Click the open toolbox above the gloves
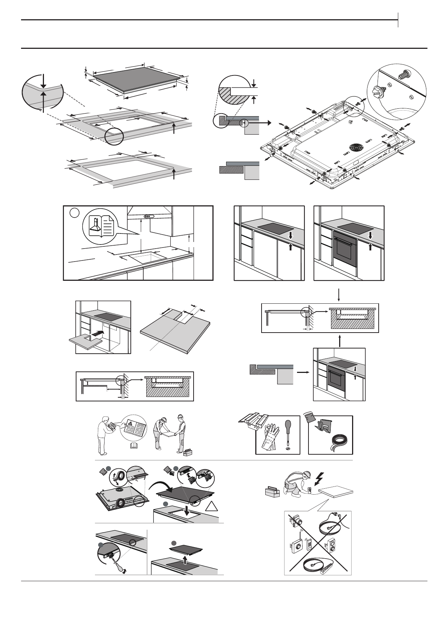[254, 421]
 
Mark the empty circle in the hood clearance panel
[75, 213]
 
